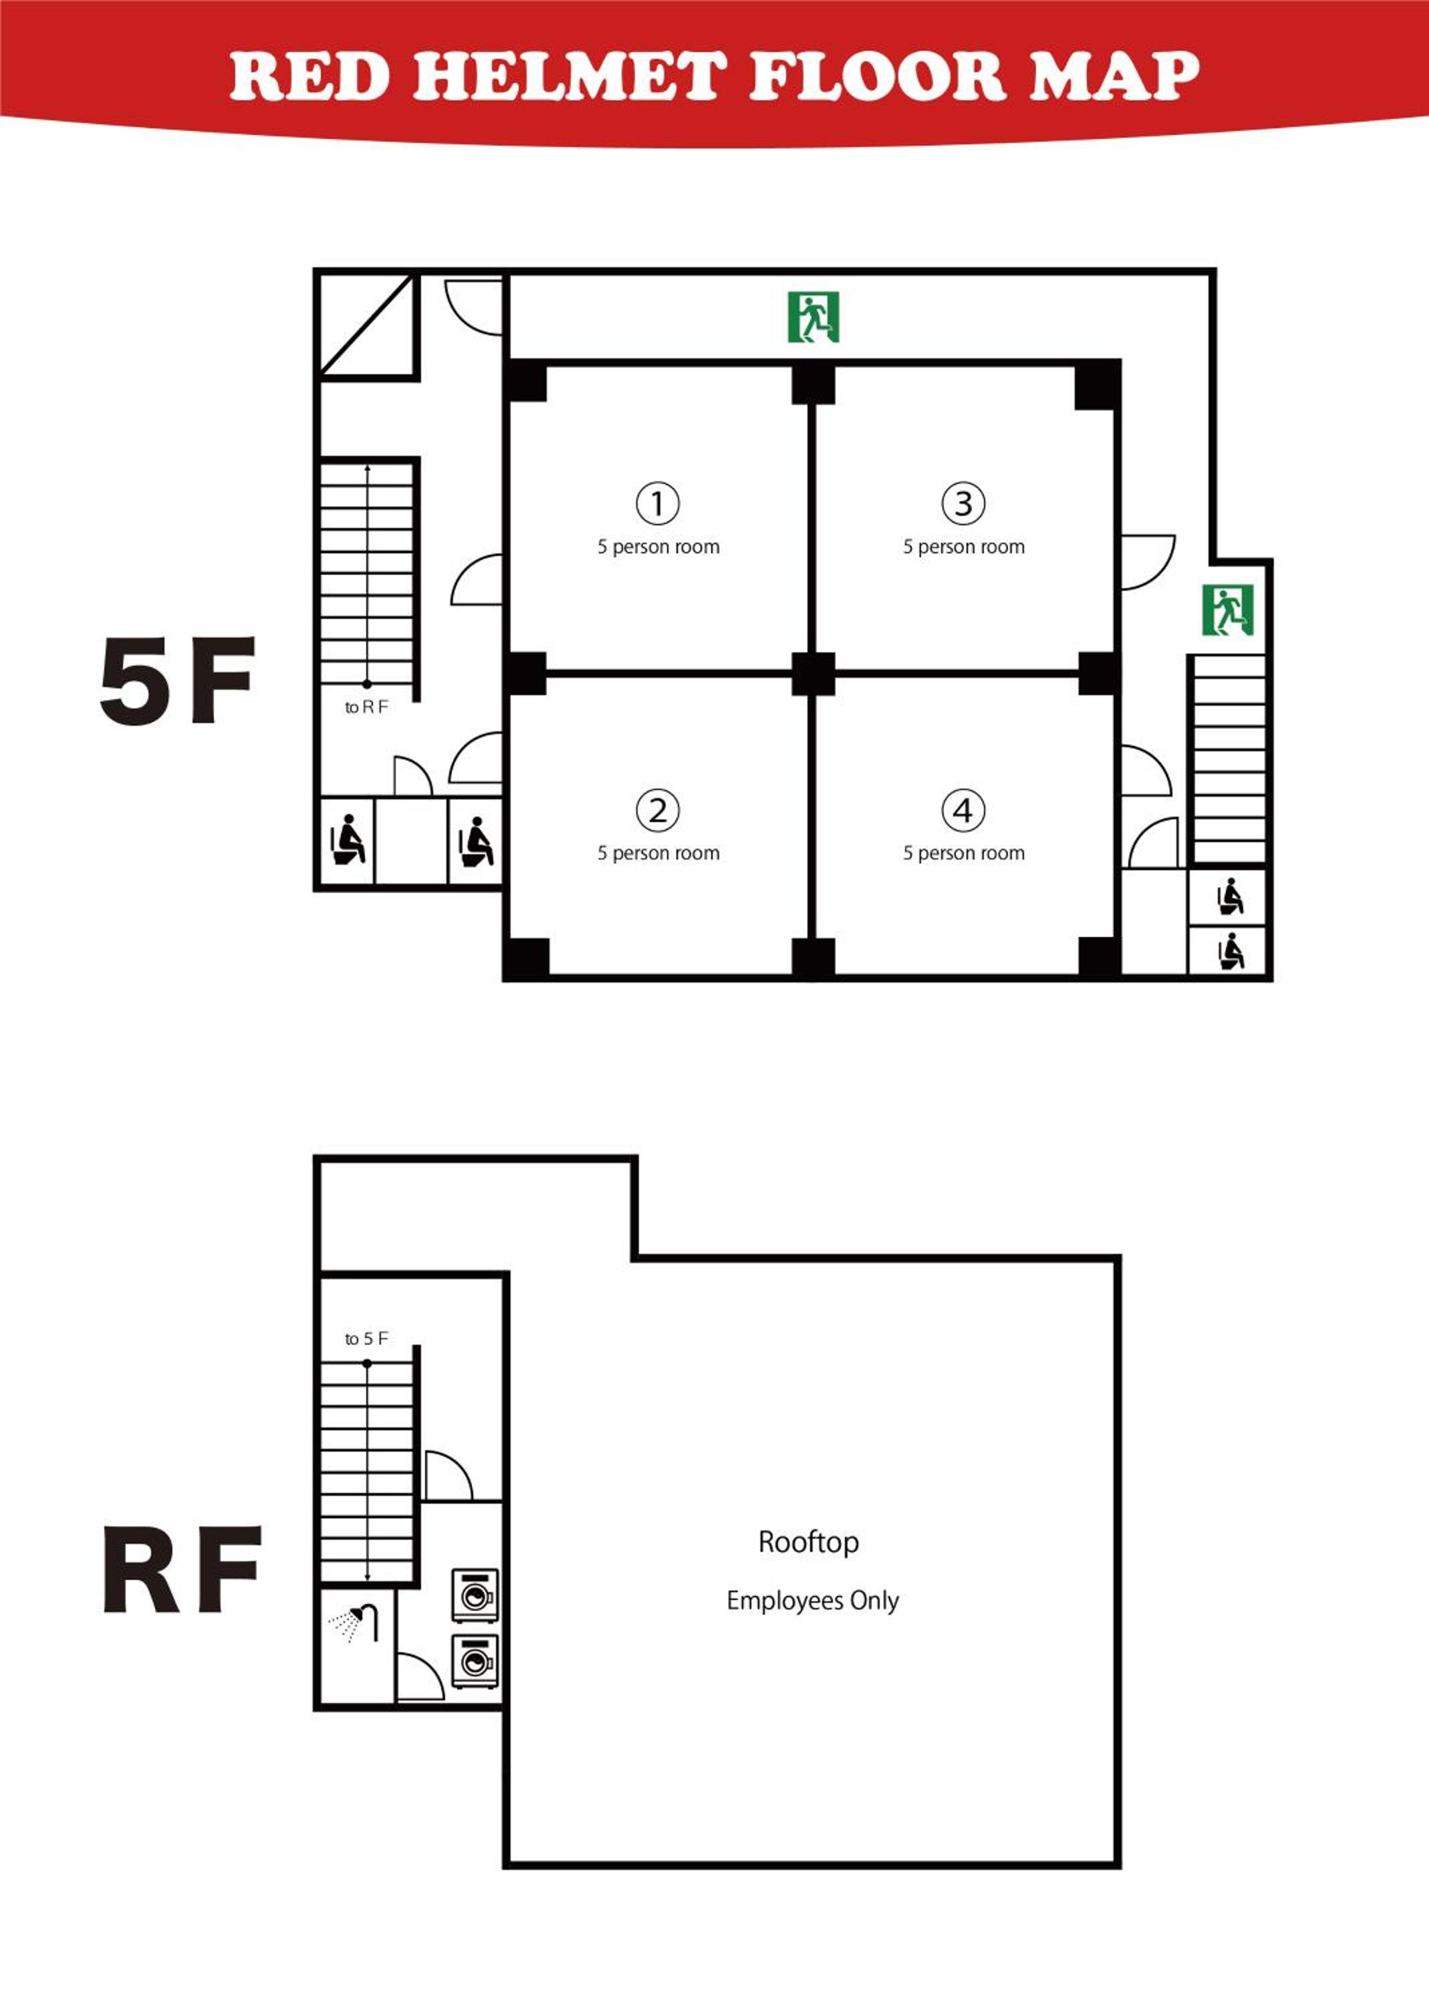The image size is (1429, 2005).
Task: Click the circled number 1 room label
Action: coord(657,503)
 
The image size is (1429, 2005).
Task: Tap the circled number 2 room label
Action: coord(657,809)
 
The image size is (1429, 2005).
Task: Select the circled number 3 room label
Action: coord(964,503)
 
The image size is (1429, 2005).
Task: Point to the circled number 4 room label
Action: coord(964,809)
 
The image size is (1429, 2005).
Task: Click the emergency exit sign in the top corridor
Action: coord(813,317)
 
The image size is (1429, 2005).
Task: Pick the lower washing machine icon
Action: coord(475,1661)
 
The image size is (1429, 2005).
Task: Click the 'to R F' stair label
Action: coord(366,707)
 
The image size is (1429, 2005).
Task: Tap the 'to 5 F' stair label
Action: coord(366,1338)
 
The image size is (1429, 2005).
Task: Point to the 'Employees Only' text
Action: coord(812,1600)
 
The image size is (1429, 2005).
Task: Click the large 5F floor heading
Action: coord(178,680)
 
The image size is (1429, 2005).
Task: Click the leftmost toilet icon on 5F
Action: coord(348,840)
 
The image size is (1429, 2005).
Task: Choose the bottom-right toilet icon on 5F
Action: coord(1230,951)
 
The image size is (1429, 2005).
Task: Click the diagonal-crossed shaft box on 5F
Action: coord(367,325)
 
